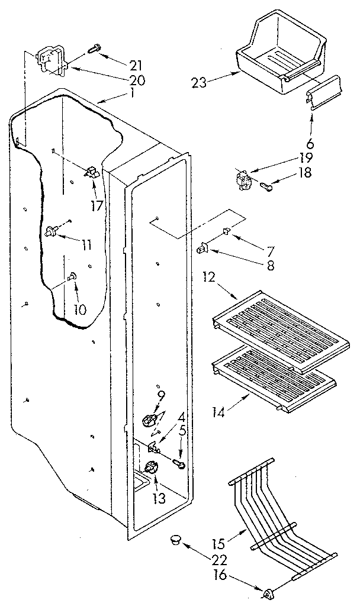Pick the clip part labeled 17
[x=92, y=173]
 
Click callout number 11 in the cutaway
[x=87, y=244]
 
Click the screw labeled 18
[x=266, y=188]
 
